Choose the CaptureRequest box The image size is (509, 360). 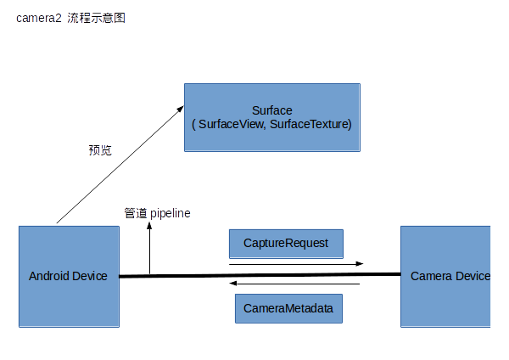coord(285,244)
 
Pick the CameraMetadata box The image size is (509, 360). coord(288,308)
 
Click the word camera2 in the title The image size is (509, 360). coord(38,18)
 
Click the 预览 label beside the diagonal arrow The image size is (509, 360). coord(100,150)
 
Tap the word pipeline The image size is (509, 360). coord(171,213)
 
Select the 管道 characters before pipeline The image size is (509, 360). coord(136,213)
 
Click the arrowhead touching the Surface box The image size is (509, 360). coord(181,108)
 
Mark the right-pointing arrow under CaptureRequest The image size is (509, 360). coord(296,264)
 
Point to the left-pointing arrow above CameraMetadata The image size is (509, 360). coord(296,284)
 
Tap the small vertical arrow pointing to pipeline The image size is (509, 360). coord(150,250)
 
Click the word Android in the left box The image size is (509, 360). coord(49,276)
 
